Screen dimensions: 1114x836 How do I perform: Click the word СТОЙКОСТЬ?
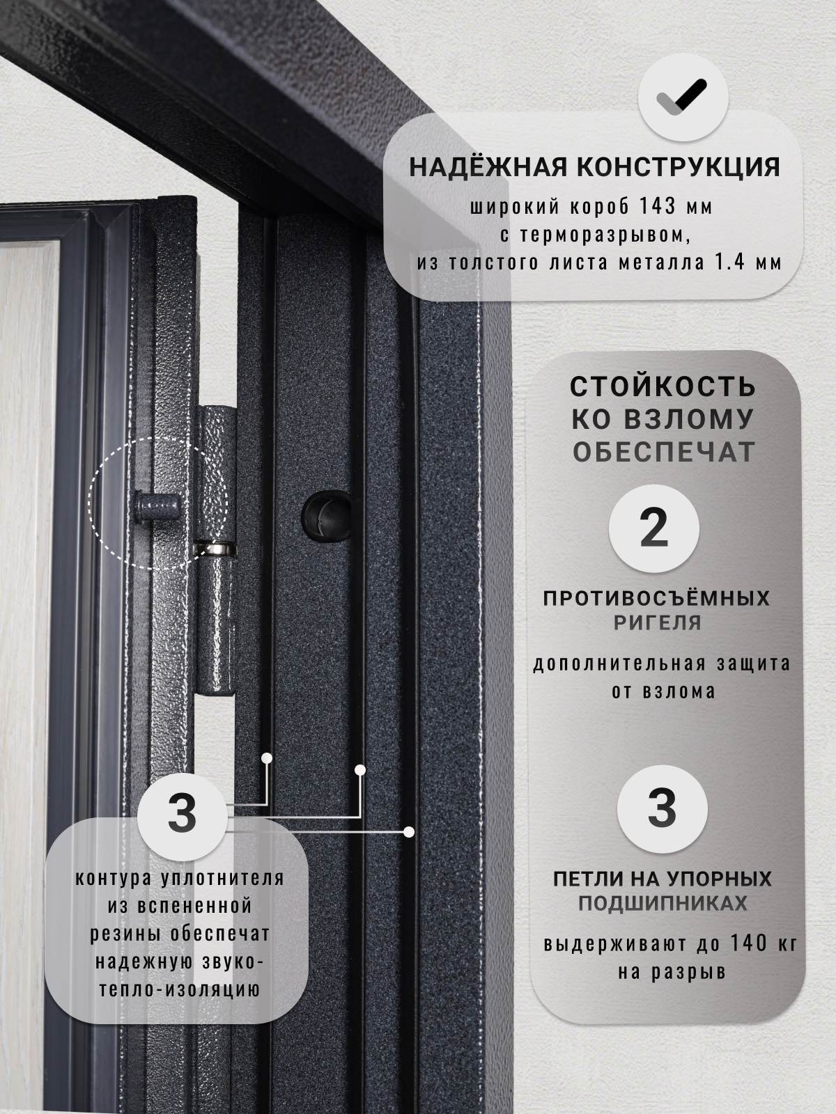(663, 386)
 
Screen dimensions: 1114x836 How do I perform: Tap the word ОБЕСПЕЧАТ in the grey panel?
(664, 452)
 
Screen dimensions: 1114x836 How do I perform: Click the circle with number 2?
(653, 528)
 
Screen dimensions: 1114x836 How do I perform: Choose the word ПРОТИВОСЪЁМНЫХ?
(656, 598)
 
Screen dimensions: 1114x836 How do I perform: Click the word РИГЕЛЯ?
(657, 622)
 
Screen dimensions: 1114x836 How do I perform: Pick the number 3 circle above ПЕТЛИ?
(662, 809)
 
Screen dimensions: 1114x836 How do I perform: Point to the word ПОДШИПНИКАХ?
(663, 904)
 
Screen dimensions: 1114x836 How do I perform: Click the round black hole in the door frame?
(325, 515)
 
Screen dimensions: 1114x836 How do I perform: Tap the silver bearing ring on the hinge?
(215, 550)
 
